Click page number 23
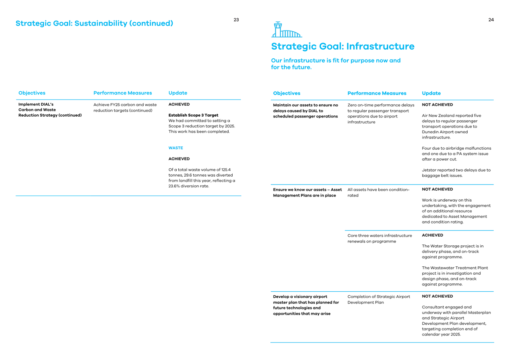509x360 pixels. pyautogui.click(x=236, y=20)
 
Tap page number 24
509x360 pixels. pyautogui.click(x=491, y=20)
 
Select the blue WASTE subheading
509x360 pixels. pyautogui.click(x=175, y=148)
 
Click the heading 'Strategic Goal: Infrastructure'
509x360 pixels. pyautogui.click(x=343, y=46)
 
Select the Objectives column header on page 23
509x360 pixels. pyautogui.click(x=32, y=93)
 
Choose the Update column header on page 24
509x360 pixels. pyautogui.click(x=431, y=93)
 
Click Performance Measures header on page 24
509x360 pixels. pyautogui.click(x=377, y=93)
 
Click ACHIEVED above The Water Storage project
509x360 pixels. pyautogui.click(x=432, y=235)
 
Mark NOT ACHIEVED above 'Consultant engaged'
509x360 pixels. pyautogui.click(x=437, y=296)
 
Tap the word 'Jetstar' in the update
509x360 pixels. pyautogui.click(x=430, y=170)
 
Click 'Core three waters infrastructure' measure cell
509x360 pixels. pyautogui.click(x=380, y=239)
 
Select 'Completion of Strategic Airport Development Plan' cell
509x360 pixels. pyautogui.click(x=378, y=299)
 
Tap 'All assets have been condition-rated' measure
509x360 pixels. pyautogui.click(x=378, y=193)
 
